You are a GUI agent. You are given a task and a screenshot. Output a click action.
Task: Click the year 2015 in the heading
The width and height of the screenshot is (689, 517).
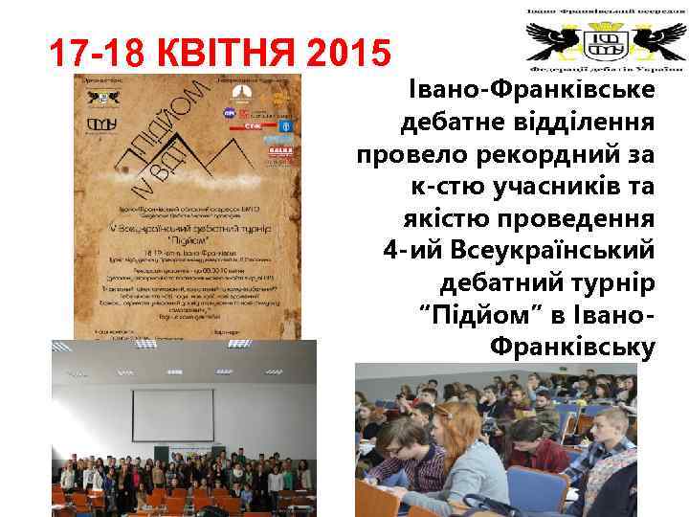click(x=346, y=53)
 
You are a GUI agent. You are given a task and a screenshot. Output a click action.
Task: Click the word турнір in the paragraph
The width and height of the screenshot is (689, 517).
click(x=613, y=283)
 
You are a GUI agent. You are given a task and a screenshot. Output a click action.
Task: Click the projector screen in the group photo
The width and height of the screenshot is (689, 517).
click(x=172, y=415)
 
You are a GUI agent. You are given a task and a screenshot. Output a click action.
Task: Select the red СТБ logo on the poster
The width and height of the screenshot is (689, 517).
click(x=253, y=124)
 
